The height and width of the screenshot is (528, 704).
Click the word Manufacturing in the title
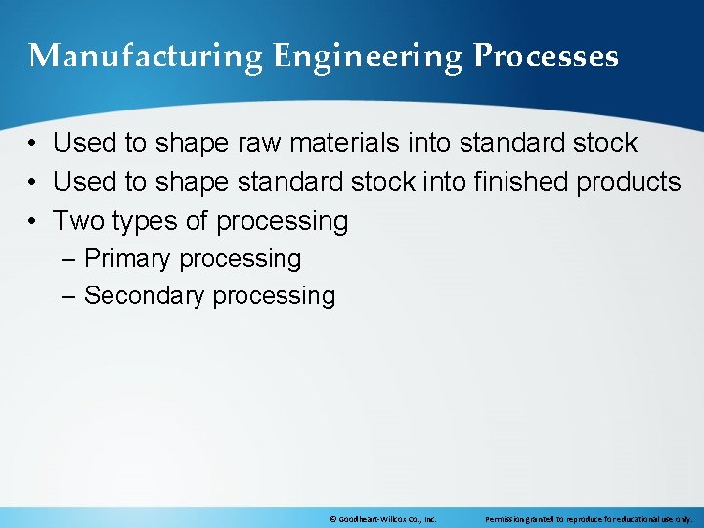coord(146,57)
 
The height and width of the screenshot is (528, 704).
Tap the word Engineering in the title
coord(368,57)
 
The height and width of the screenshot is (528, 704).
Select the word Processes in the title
coord(546,57)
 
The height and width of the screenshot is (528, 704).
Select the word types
coord(147,222)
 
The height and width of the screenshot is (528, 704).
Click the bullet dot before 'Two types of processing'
coord(33,222)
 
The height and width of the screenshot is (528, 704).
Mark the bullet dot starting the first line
coord(33,144)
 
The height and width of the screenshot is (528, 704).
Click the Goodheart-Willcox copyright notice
coord(382,519)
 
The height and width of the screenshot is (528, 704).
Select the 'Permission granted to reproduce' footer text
coord(589,519)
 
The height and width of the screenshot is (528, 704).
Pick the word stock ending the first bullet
coord(603,143)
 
